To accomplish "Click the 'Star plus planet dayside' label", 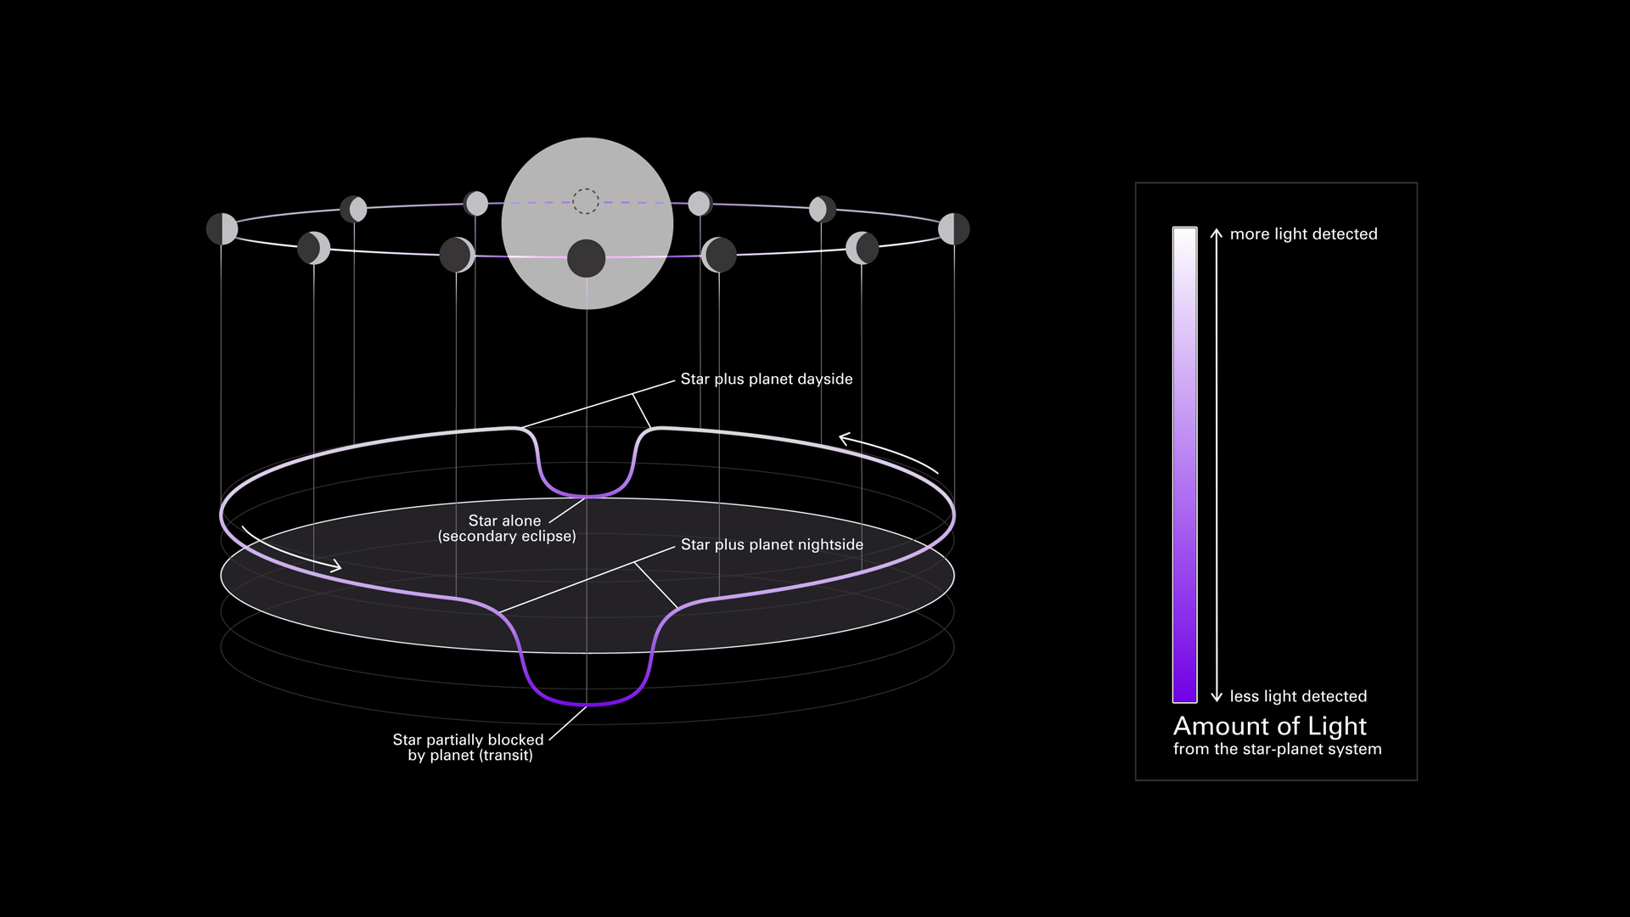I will click(766, 380).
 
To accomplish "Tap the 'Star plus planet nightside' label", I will click(771, 545).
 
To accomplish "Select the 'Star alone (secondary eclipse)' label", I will click(507, 528).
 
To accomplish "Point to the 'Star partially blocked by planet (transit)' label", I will click(468, 747).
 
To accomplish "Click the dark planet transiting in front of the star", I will click(586, 258).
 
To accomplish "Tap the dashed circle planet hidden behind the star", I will click(586, 201).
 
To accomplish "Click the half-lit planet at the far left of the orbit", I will click(222, 229).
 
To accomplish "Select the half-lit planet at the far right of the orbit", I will click(953, 228).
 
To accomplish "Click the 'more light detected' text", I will click(1303, 234).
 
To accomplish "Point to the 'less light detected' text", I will click(1298, 696).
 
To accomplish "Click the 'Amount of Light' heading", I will click(1269, 726).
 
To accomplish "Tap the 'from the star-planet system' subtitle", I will click(1277, 749).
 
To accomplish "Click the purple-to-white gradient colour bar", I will click(1184, 465).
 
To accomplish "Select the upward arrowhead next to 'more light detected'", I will click(1216, 233).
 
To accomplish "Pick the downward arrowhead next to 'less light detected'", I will click(1216, 696).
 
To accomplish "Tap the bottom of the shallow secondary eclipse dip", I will click(587, 496).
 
